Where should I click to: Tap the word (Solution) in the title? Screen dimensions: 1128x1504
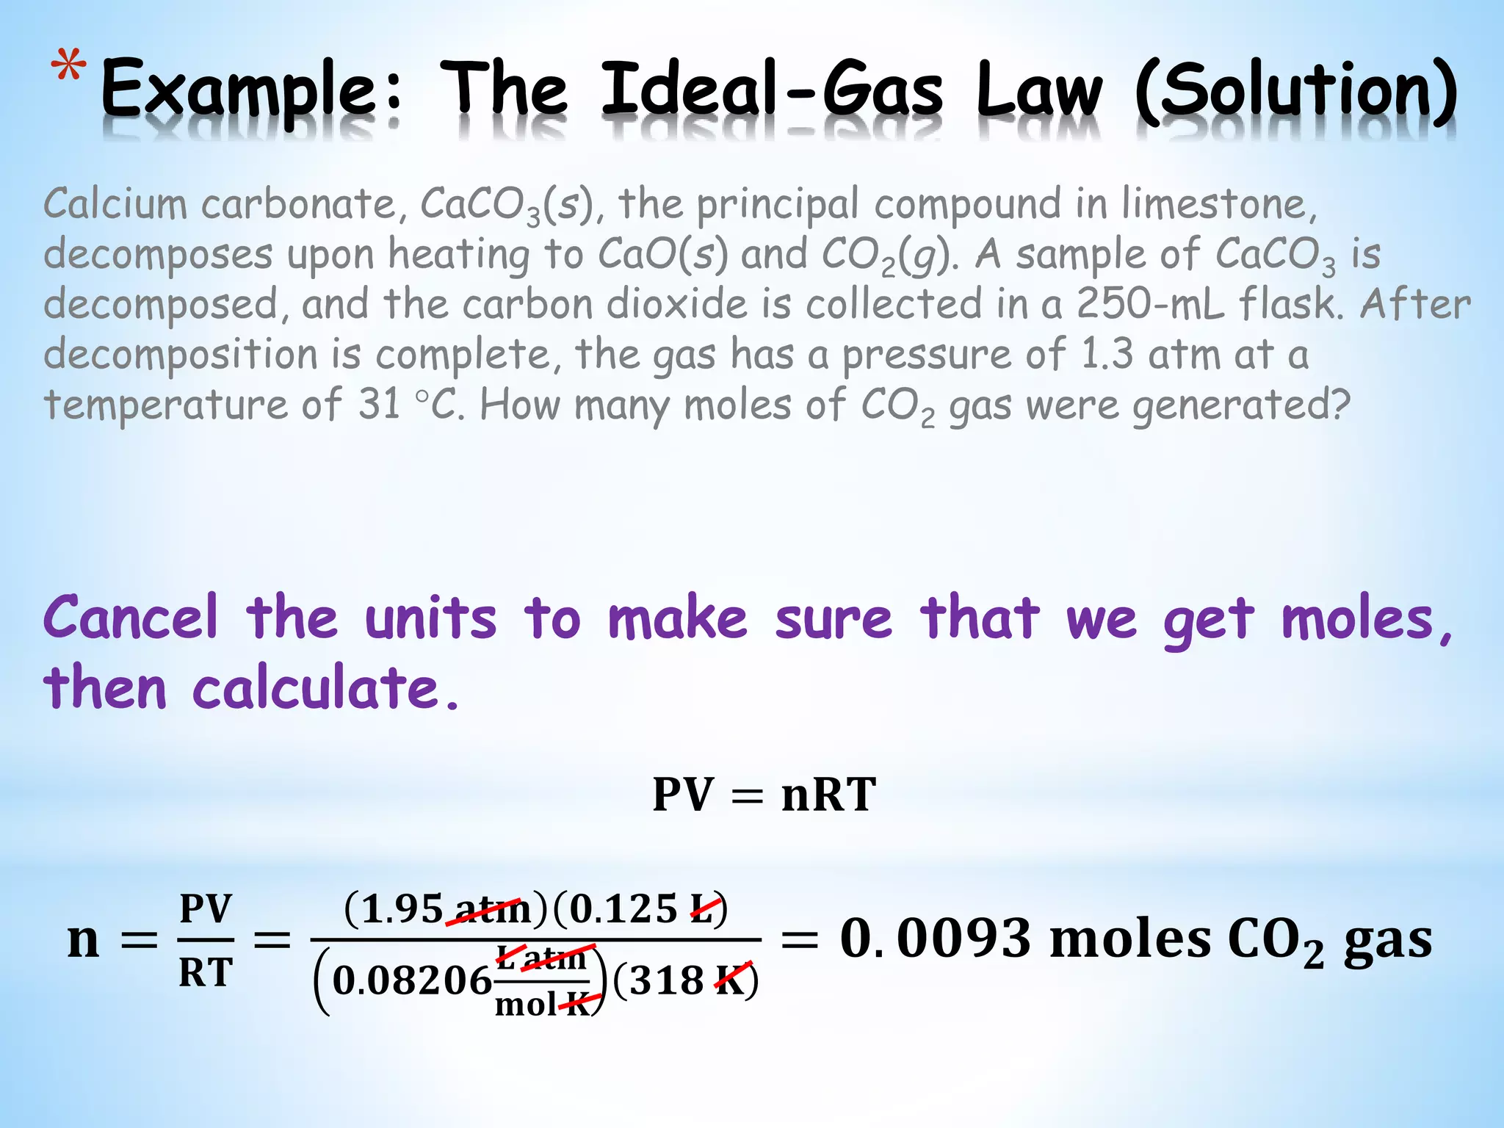click(1296, 92)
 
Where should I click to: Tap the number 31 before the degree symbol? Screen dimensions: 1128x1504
click(379, 404)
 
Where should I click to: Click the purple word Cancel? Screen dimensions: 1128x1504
click(131, 618)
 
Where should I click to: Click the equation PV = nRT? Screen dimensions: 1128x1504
click(764, 795)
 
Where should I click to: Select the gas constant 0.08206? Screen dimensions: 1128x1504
click(411, 980)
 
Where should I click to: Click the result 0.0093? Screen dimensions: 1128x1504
click(936, 939)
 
